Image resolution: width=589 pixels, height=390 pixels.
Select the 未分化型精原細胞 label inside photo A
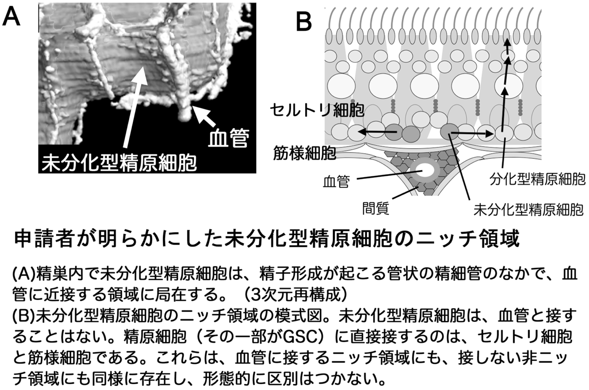pyautogui.click(x=119, y=162)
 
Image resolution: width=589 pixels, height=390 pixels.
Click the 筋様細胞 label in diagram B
pyautogui.click(x=304, y=152)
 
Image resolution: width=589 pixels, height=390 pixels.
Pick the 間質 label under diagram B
pyautogui.click(x=375, y=208)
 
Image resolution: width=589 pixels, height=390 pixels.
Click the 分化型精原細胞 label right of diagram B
pyautogui.click(x=537, y=179)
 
